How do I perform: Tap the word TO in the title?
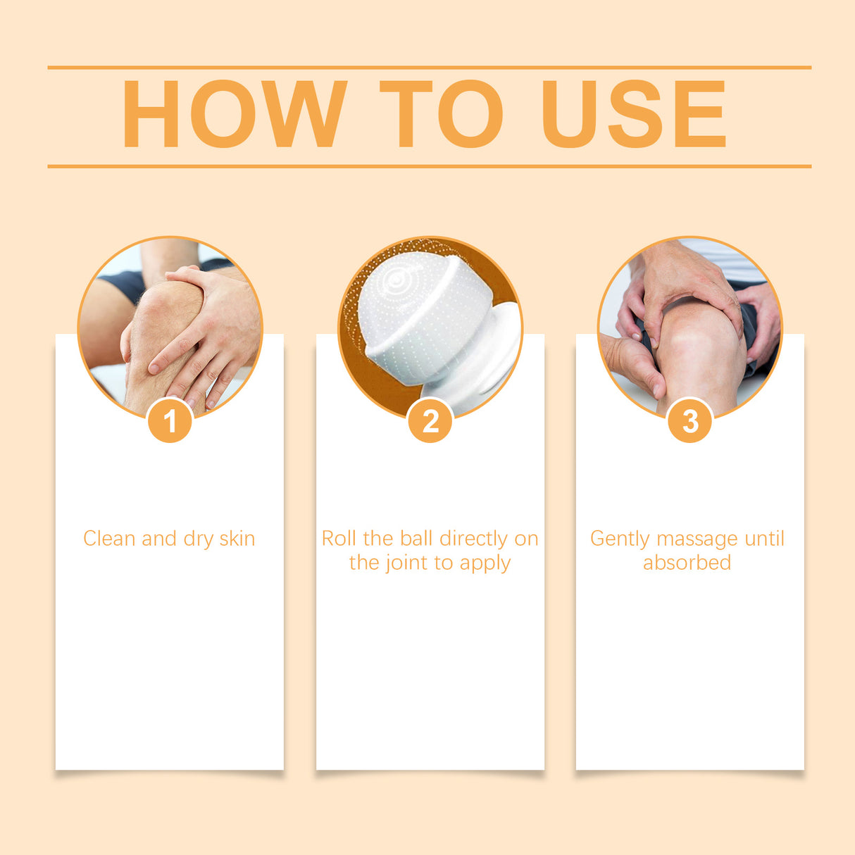coord(442,113)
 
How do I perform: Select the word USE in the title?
coord(633,113)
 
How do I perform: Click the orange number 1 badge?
coord(170,421)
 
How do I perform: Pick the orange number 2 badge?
coord(430,421)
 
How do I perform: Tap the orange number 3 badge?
coord(689,421)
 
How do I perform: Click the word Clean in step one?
coord(109,539)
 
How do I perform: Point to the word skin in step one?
coord(237,539)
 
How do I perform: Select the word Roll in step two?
coord(339,539)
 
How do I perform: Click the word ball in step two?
coord(416,539)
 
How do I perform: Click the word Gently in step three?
coord(620,539)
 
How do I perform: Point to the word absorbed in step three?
coord(687,563)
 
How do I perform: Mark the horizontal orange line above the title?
coord(429,68)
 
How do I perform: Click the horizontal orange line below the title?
coord(429,166)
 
